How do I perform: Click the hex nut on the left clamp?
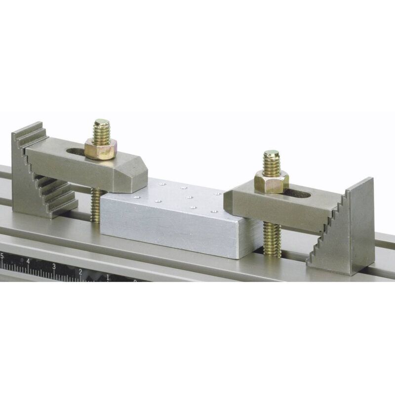tap(100, 148)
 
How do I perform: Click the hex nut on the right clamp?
tap(272, 181)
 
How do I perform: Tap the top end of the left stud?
tap(102, 122)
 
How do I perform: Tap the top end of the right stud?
tap(271, 154)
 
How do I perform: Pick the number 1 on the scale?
tap(108, 277)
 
